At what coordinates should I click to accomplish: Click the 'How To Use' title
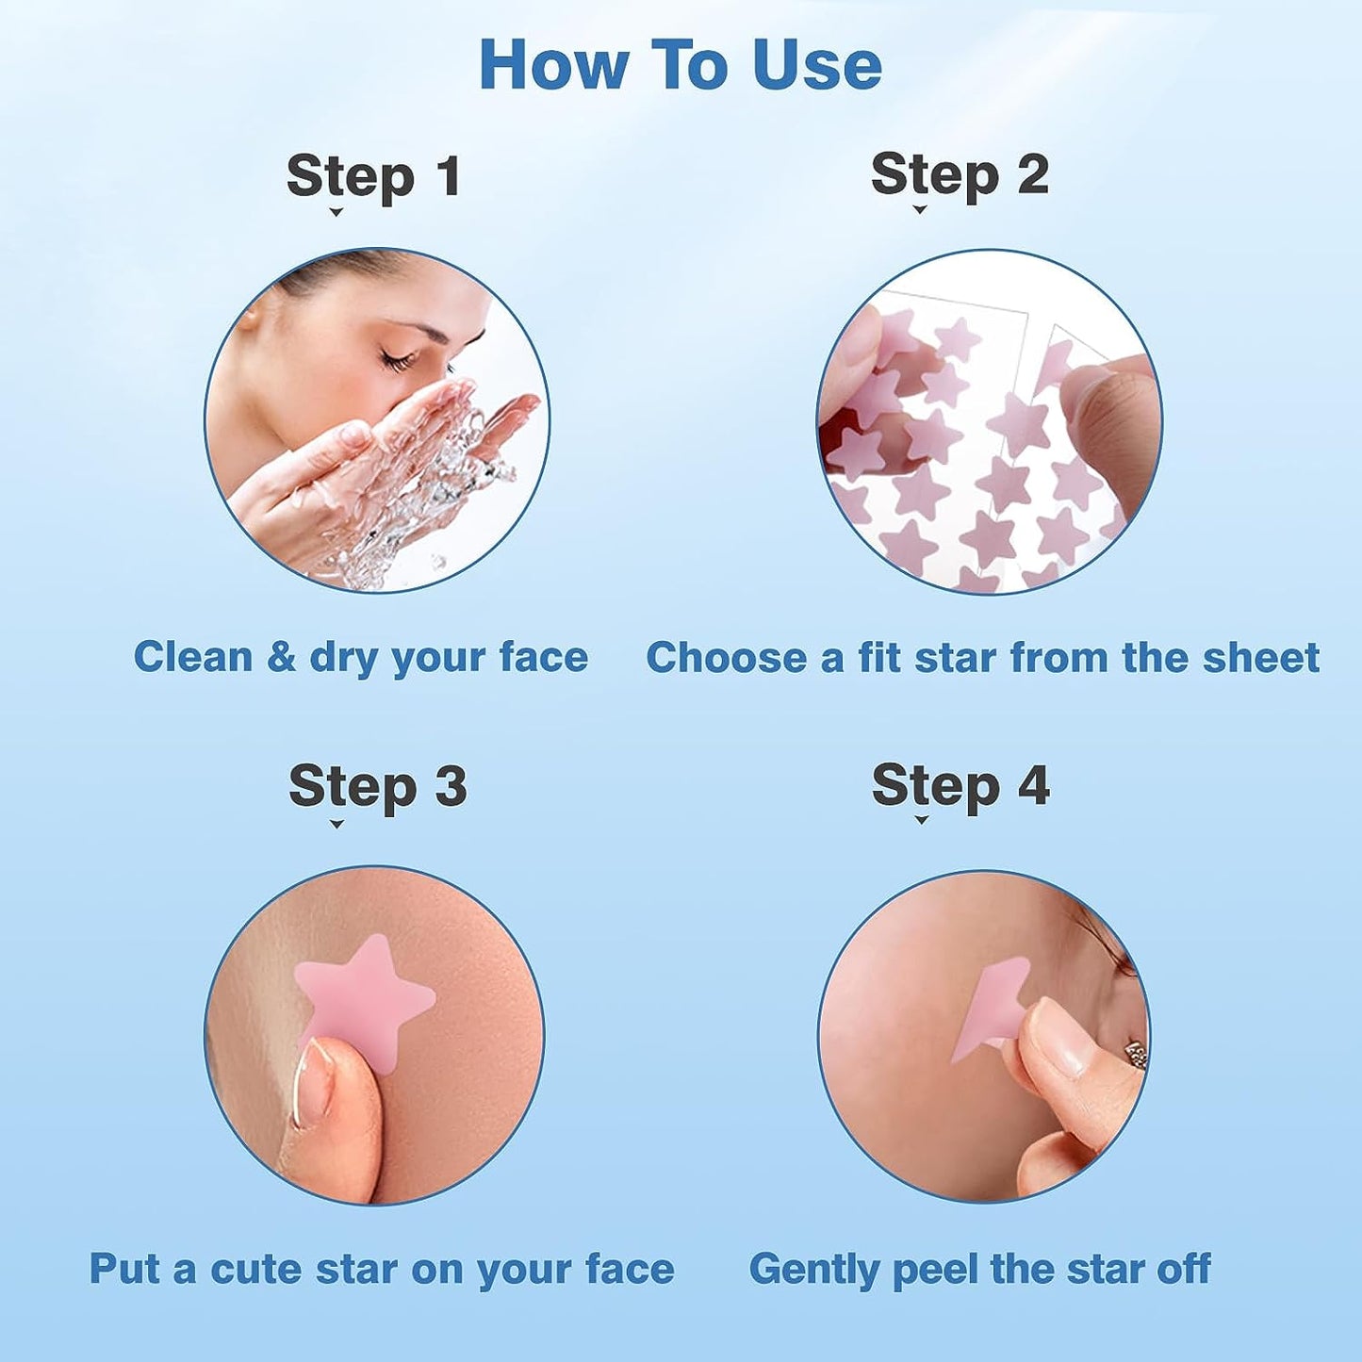(x=680, y=65)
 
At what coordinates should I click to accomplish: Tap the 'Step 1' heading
(x=373, y=176)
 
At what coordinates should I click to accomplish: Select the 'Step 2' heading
(x=959, y=175)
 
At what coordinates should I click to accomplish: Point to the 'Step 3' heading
(x=377, y=786)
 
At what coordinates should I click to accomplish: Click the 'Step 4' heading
(x=960, y=785)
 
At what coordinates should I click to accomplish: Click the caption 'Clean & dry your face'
(x=360, y=657)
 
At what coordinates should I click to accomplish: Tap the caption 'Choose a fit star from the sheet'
(x=981, y=658)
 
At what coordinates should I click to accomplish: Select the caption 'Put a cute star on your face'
(x=381, y=1269)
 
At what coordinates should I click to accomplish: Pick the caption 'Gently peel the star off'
(x=978, y=1269)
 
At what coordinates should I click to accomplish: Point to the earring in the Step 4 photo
(x=1136, y=1054)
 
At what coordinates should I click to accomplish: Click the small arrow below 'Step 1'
(x=336, y=213)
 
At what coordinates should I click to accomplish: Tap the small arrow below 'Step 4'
(x=921, y=820)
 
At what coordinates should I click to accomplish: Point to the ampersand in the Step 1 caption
(x=281, y=657)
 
